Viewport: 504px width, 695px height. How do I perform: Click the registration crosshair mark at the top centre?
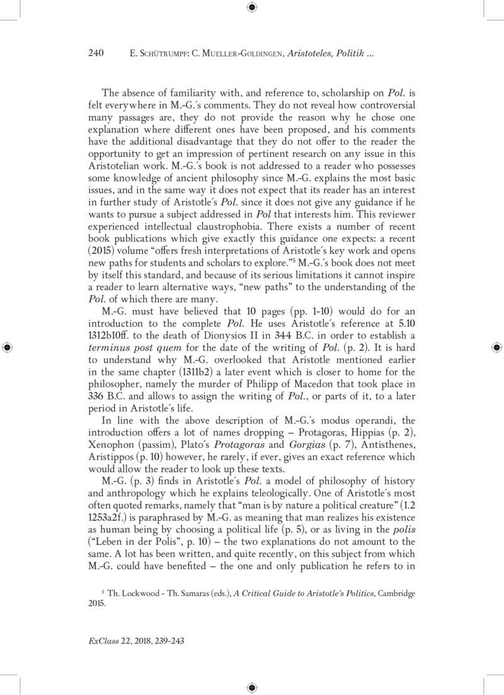(251, 8)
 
